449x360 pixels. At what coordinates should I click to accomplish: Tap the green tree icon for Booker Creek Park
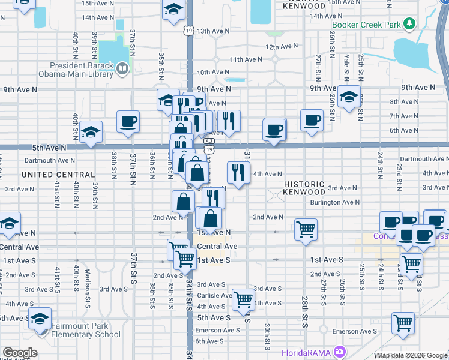(x=410, y=23)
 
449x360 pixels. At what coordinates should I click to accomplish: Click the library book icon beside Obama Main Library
(x=122, y=68)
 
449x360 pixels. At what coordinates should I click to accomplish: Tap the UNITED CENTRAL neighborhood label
(x=58, y=175)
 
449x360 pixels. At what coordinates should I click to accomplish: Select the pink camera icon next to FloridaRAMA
(x=340, y=351)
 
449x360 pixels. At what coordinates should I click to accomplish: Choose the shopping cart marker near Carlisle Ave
(x=244, y=298)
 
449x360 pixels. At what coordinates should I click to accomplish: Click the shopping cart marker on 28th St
(x=306, y=229)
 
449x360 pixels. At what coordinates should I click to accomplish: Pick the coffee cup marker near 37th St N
(x=128, y=122)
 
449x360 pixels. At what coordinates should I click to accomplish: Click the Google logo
(x=20, y=353)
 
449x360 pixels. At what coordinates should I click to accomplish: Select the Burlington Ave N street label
(x=335, y=203)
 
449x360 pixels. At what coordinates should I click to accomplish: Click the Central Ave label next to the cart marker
(x=217, y=247)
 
